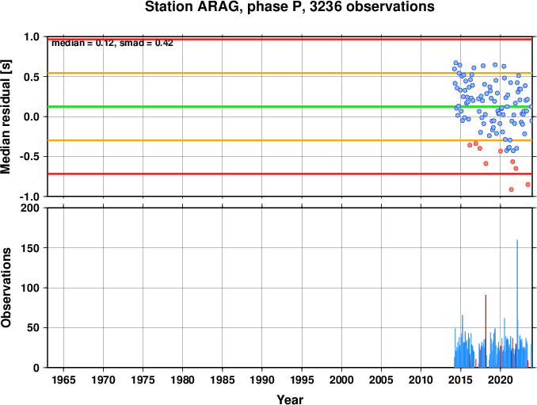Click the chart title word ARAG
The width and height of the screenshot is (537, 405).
tap(217, 6)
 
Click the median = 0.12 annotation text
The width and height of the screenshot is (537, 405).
tap(82, 43)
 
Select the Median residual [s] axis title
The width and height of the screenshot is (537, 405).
tap(6, 117)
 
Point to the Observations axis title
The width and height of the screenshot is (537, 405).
tap(6, 288)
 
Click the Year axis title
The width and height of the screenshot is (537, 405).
tap(290, 399)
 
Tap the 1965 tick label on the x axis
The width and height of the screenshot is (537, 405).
tap(63, 380)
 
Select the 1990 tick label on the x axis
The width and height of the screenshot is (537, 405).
tap(262, 380)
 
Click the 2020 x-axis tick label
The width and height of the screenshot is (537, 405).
tap(501, 380)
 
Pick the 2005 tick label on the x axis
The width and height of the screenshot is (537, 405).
tap(381, 380)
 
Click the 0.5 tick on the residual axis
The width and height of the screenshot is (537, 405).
tap(32, 77)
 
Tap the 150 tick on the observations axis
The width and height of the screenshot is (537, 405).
tap(30, 248)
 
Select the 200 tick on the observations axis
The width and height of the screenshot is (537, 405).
tap(30, 208)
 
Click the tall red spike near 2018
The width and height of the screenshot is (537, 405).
tap(486, 331)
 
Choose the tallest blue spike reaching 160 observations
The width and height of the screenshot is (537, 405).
tap(517, 304)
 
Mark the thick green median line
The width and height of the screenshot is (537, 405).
tap(290, 106)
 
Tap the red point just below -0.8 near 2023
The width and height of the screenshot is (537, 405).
tap(527, 185)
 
